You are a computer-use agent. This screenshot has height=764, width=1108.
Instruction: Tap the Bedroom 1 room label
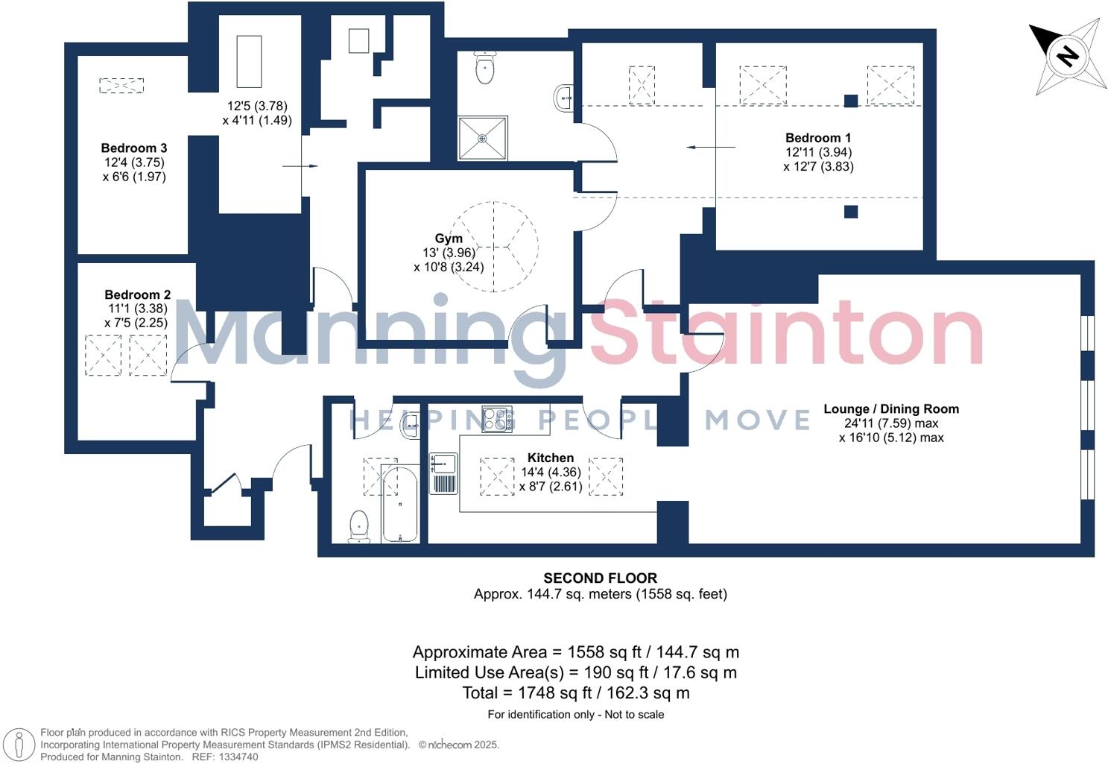click(x=817, y=138)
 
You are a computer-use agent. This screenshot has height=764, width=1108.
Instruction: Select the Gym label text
click(x=449, y=239)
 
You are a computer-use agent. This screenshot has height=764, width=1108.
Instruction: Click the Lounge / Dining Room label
click(x=890, y=408)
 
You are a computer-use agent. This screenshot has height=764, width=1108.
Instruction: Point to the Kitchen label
click(x=550, y=458)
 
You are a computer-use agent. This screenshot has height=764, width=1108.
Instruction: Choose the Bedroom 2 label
click(x=137, y=294)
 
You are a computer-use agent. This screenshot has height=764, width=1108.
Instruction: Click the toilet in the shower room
click(x=484, y=69)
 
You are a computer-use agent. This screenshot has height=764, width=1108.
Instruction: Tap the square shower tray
click(x=482, y=138)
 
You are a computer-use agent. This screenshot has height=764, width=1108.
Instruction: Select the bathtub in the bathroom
click(x=399, y=503)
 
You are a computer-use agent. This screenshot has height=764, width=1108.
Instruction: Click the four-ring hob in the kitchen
click(x=497, y=419)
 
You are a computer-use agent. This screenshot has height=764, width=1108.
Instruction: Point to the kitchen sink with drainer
click(x=443, y=473)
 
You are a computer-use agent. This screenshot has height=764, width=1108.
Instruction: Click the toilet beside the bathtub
click(x=359, y=526)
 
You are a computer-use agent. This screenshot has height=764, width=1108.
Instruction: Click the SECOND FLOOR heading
click(x=600, y=578)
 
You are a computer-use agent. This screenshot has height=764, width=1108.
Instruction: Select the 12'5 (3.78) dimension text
click(x=257, y=106)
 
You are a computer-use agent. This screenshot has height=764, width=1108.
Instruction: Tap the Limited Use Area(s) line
click(x=575, y=672)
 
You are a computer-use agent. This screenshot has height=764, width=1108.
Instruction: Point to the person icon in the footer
click(x=20, y=744)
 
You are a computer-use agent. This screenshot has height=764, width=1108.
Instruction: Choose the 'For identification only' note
click(x=575, y=714)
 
